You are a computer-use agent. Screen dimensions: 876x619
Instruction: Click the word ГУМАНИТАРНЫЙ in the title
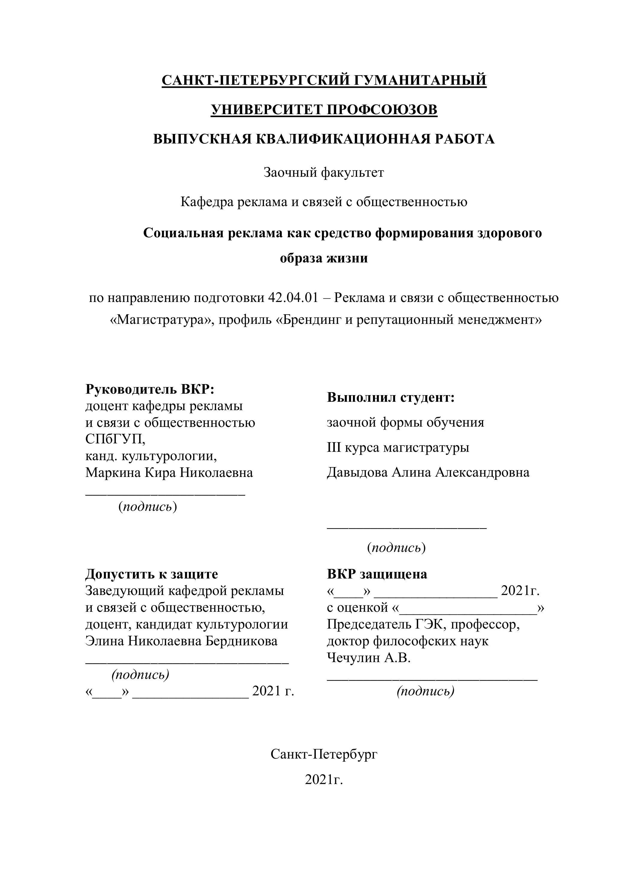point(421,80)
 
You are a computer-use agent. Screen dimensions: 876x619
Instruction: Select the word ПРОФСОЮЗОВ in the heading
point(382,110)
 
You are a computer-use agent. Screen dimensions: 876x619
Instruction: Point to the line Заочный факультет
point(324,173)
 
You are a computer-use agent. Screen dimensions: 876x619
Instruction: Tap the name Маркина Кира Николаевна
point(169,473)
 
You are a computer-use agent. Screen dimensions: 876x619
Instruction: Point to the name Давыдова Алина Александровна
point(428,472)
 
